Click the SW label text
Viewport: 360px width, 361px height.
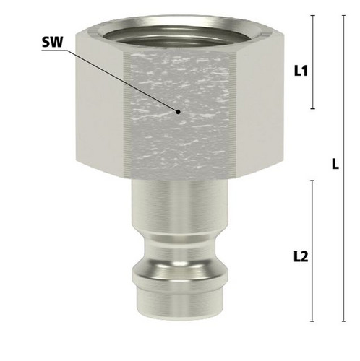(52, 42)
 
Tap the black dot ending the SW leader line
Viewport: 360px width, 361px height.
(178, 112)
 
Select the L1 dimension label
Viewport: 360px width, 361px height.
(301, 71)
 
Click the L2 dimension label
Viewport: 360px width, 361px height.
(301, 256)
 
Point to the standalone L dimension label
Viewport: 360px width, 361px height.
(335, 164)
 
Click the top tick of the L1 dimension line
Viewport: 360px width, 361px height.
(313, 15)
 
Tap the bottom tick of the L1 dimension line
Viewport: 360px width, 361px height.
(313, 109)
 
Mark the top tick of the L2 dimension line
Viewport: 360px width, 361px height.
(312, 180)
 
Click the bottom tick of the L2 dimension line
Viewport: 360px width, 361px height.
(312, 321)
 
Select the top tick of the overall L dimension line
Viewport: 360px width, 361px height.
(343, 15)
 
